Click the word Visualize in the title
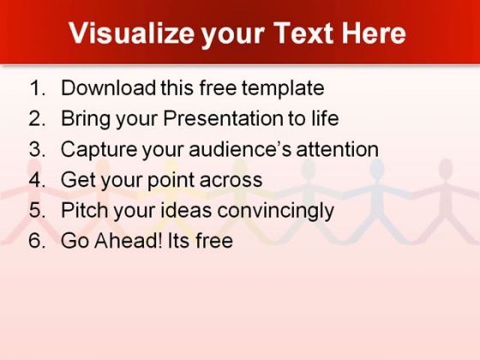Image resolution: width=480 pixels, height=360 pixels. pyautogui.click(x=132, y=33)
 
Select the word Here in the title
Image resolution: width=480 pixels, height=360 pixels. pyautogui.click(x=374, y=33)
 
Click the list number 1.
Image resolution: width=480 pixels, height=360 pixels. pyautogui.click(x=37, y=87)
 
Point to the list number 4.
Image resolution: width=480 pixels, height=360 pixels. pyautogui.click(x=37, y=179)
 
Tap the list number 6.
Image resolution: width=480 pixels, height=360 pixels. pyautogui.click(x=37, y=240)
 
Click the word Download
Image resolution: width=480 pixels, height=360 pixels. pyautogui.click(x=108, y=87)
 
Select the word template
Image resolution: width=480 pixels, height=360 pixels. pyautogui.click(x=283, y=89)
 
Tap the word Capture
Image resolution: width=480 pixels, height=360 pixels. pyautogui.click(x=99, y=150)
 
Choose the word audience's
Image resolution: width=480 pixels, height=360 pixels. pyautogui.click(x=240, y=149)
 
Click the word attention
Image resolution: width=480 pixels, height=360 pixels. pyautogui.click(x=338, y=149)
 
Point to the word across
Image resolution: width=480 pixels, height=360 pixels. pyautogui.click(x=231, y=181)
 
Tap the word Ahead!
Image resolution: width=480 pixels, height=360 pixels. pyautogui.click(x=129, y=240)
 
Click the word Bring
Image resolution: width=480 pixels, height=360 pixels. pyautogui.click(x=86, y=119)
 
